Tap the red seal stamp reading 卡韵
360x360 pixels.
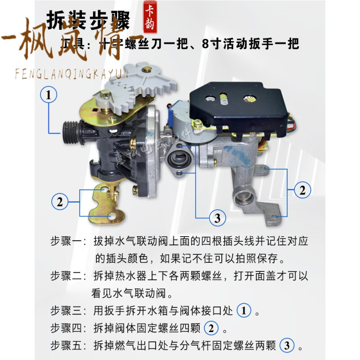(x=150, y=18)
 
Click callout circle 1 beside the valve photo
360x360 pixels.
(x=49, y=95)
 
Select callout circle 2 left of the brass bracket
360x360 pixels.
(x=60, y=201)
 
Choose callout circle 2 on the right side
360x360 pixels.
(x=302, y=190)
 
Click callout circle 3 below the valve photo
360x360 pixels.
(x=218, y=218)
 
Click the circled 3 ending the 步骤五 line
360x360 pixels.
(x=287, y=346)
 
